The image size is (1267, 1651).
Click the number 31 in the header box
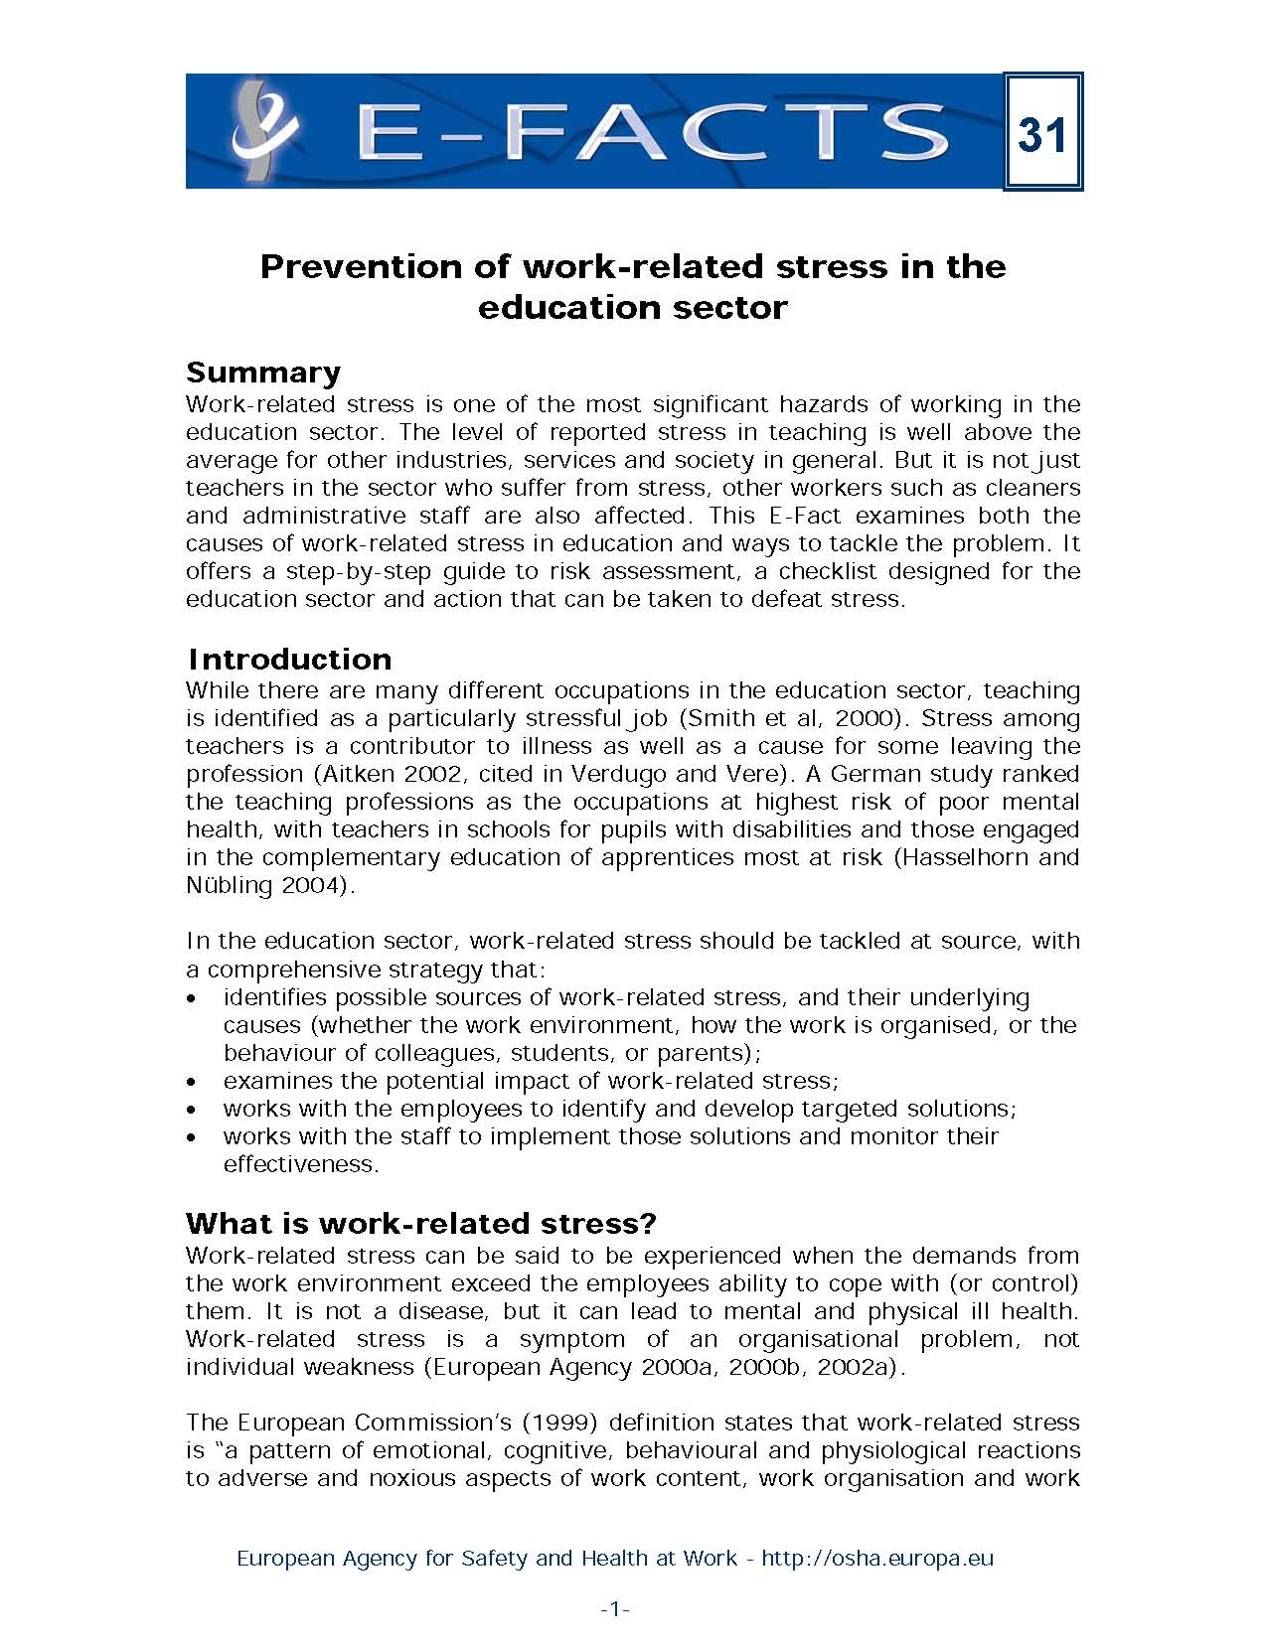click(1041, 133)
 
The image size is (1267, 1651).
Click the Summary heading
click(263, 372)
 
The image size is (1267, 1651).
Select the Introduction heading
click(289, 659)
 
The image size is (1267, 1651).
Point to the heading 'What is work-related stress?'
click(421, 1222)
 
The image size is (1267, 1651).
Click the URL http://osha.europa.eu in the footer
click(877, 1558)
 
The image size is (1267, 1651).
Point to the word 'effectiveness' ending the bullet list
click(300, 1164)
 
